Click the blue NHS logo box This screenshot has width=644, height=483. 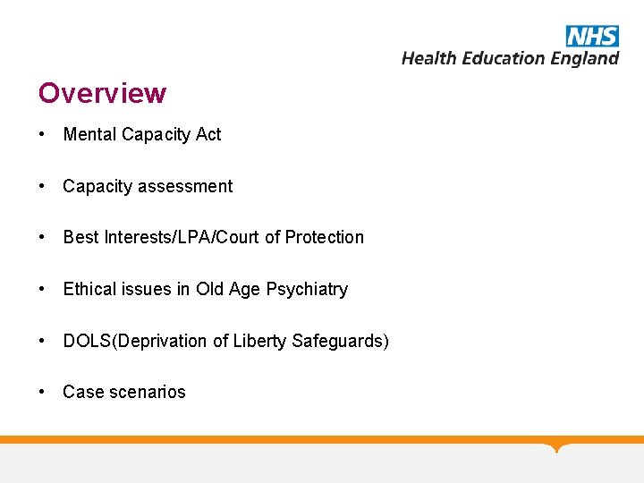[x=592, y=36]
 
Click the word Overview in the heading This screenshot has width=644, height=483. [x=102, y=93]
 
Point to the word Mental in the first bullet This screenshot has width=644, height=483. [x=89, y=135]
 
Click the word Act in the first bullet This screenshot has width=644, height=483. [x=208, y=135]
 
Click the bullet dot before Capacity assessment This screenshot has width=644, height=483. [x=42, y=186]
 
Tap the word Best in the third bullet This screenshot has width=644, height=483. [x=80, y=237]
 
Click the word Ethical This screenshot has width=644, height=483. [x=90, y=289]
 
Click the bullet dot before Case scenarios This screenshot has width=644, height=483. [x=42, y=392]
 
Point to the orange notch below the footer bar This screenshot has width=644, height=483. [x=558, y=447]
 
